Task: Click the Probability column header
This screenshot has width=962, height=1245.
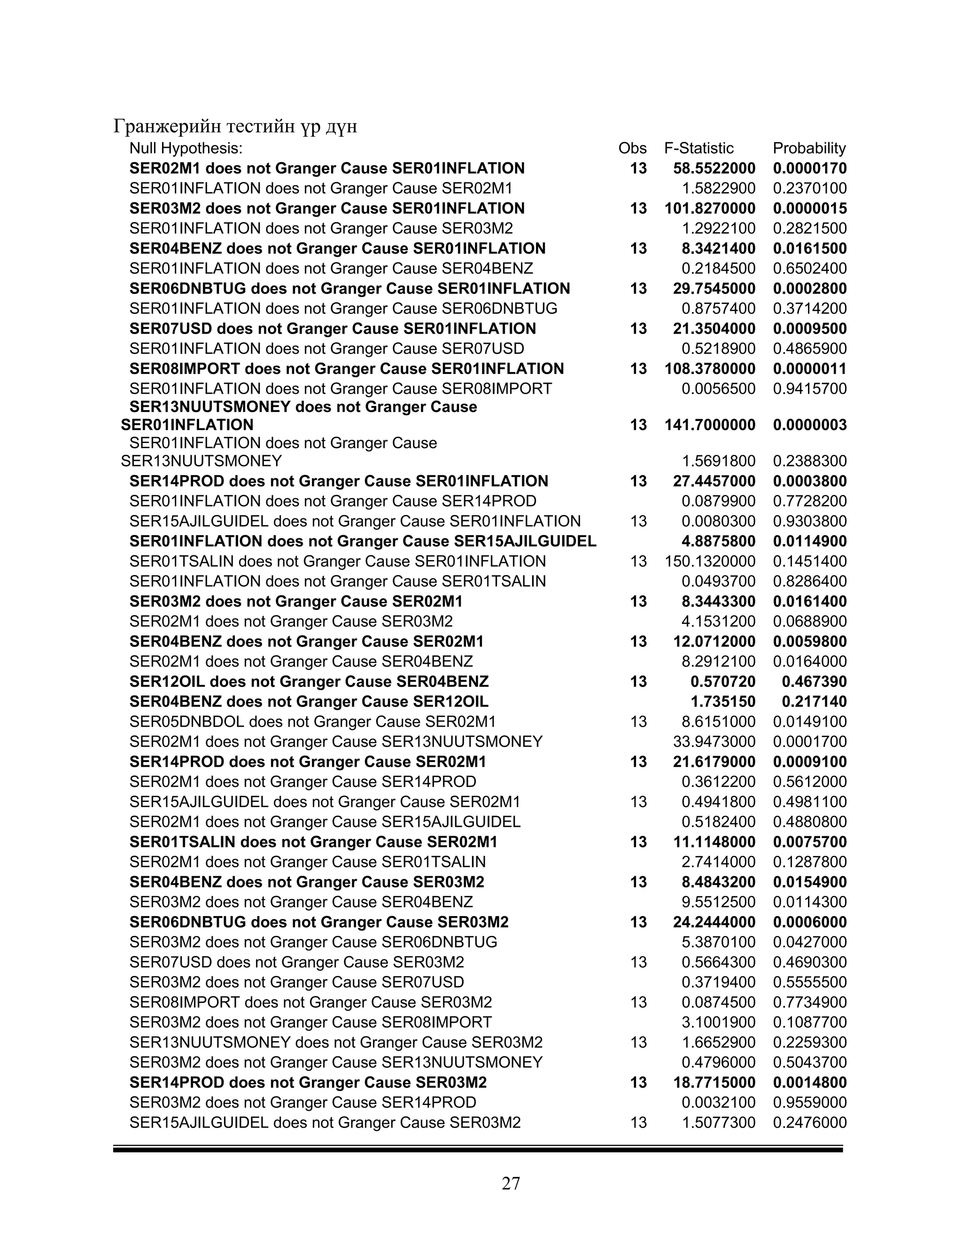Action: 809,148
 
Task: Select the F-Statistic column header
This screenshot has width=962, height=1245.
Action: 698,148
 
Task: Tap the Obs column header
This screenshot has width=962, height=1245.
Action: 632,148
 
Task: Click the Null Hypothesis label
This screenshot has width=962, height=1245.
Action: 186,148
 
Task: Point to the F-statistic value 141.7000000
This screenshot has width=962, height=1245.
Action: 710,425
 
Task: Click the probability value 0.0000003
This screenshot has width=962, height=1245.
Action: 809,425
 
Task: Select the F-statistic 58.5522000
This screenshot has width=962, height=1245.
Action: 714,168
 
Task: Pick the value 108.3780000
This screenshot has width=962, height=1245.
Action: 710,369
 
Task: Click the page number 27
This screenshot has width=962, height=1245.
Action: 511,1184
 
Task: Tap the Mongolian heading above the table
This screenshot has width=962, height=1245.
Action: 235,126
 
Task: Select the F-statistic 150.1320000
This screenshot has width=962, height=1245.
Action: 710,561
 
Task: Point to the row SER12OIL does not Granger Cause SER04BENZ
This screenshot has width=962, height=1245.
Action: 309,682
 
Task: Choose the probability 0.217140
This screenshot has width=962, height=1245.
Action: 814,702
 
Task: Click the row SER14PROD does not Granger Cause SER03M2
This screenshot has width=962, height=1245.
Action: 308,1082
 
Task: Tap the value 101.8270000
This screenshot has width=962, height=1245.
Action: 710,209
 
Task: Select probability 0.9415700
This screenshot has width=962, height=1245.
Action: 809,389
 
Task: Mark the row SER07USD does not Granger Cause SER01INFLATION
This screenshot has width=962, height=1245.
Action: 332,329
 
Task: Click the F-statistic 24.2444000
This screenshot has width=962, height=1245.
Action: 714,922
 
